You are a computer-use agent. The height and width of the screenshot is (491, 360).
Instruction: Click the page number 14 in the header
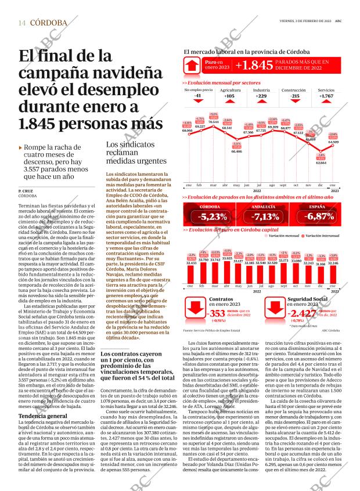click(22, 23)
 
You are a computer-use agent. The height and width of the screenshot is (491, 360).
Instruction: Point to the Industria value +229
click(261, 96)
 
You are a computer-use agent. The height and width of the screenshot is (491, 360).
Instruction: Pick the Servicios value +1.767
click(326, 96)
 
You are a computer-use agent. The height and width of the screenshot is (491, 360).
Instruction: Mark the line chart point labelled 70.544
click(214, 127)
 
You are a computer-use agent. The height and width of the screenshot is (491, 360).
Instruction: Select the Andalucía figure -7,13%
click(265, 217)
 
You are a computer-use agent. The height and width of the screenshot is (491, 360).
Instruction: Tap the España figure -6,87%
click(317, 217)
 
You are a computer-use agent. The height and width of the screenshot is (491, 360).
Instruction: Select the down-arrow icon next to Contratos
click(196, 315)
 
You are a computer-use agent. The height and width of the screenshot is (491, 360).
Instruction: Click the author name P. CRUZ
click(26, 191)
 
